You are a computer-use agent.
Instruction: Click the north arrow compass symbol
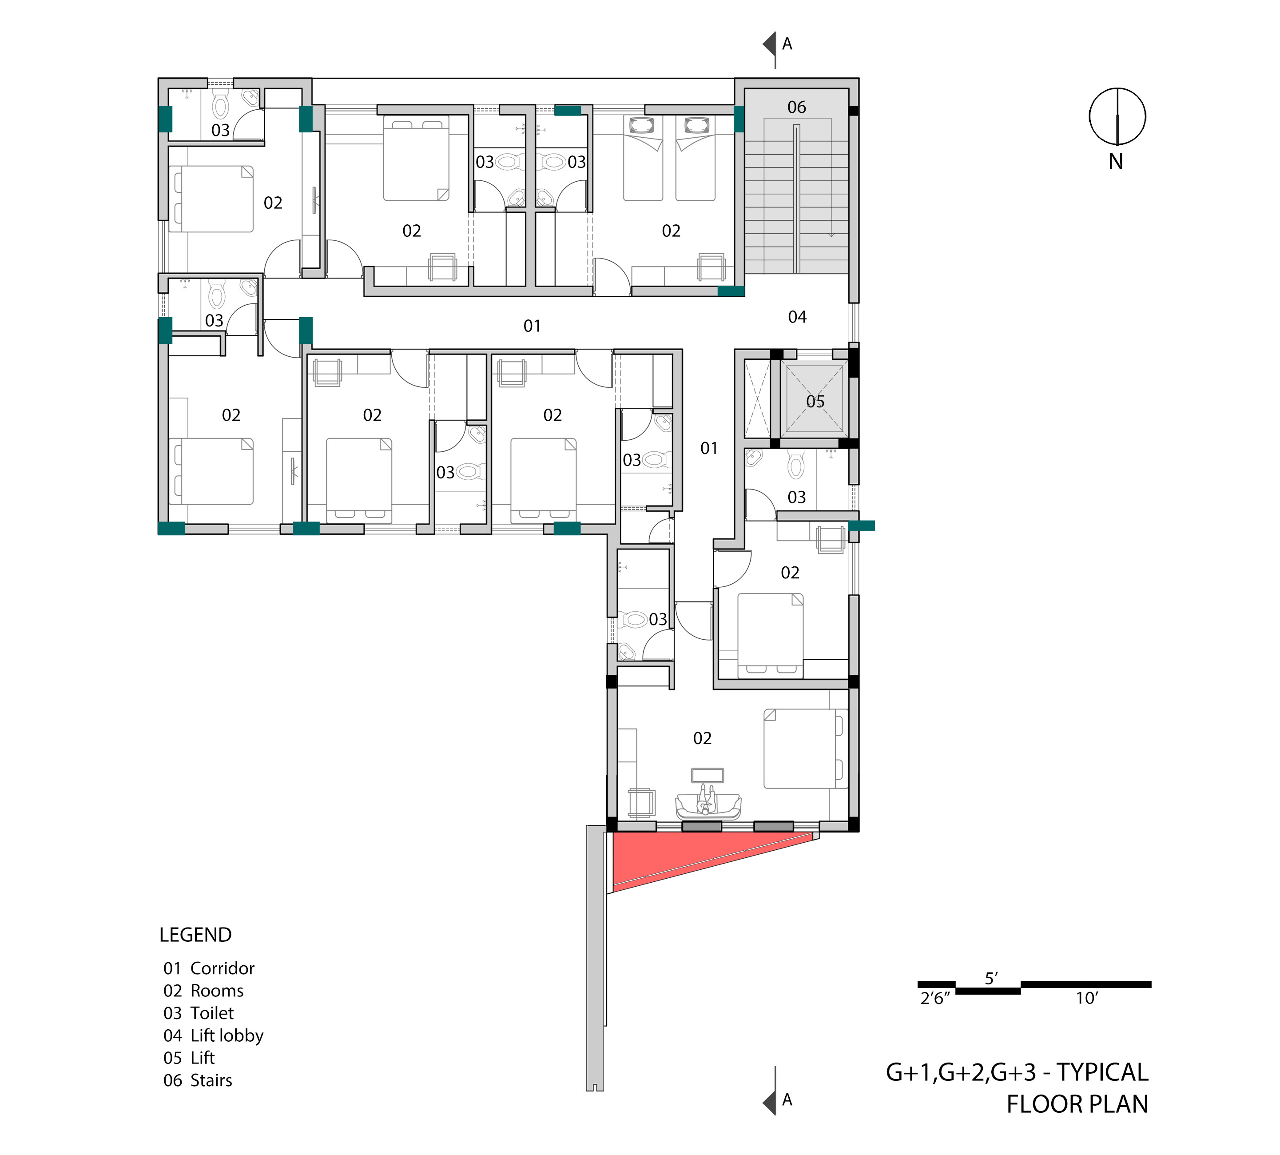click(x=1117, y=116)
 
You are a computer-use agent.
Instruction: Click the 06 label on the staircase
click(x=796, y=107)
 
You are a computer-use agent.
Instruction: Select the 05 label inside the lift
click(x=815, y=402)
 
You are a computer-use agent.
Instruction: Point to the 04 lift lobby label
click(x=797, y=317)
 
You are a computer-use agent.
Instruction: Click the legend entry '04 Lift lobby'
click(x=213, y=1036)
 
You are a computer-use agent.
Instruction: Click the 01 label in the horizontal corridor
click(x=532, y=326)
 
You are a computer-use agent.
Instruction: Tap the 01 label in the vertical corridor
click(x=709, y=449)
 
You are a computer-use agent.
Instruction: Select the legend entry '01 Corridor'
click(x=209, y=968)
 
